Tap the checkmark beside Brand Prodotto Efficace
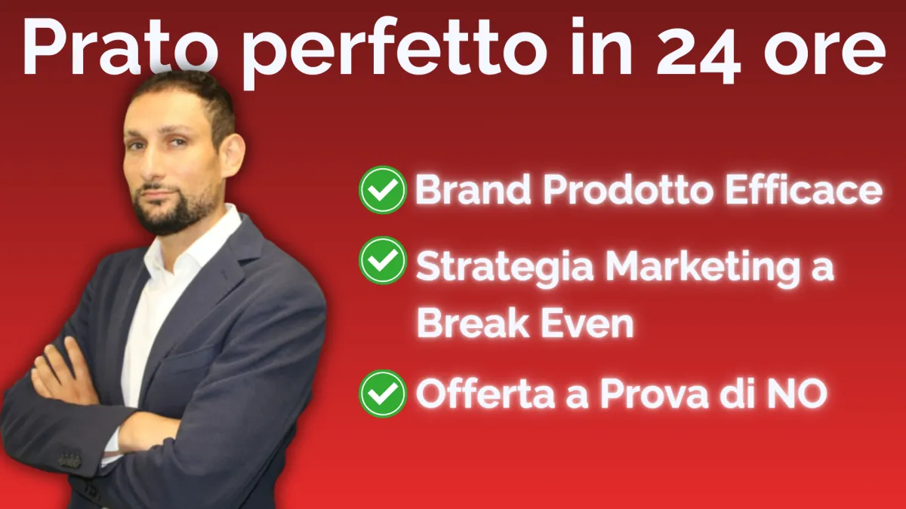tap(383, 190)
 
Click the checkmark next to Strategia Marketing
tap(383, 260)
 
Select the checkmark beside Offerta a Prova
tap(383, 394)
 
